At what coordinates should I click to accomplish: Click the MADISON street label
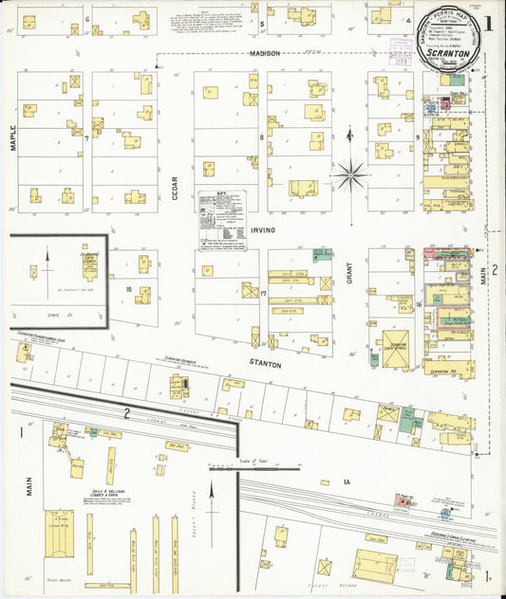point(265,54)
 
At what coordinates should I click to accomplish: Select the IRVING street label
point(263,230)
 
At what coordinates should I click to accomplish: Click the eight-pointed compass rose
point(352,174)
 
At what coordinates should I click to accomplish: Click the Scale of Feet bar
point(254,466)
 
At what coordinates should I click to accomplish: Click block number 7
point(86,139)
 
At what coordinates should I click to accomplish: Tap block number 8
point(262,138)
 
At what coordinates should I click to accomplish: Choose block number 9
point(418,138)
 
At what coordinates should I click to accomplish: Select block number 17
point(262,294)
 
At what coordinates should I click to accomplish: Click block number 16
point(418,304)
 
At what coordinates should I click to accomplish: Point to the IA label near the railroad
point(347,483)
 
